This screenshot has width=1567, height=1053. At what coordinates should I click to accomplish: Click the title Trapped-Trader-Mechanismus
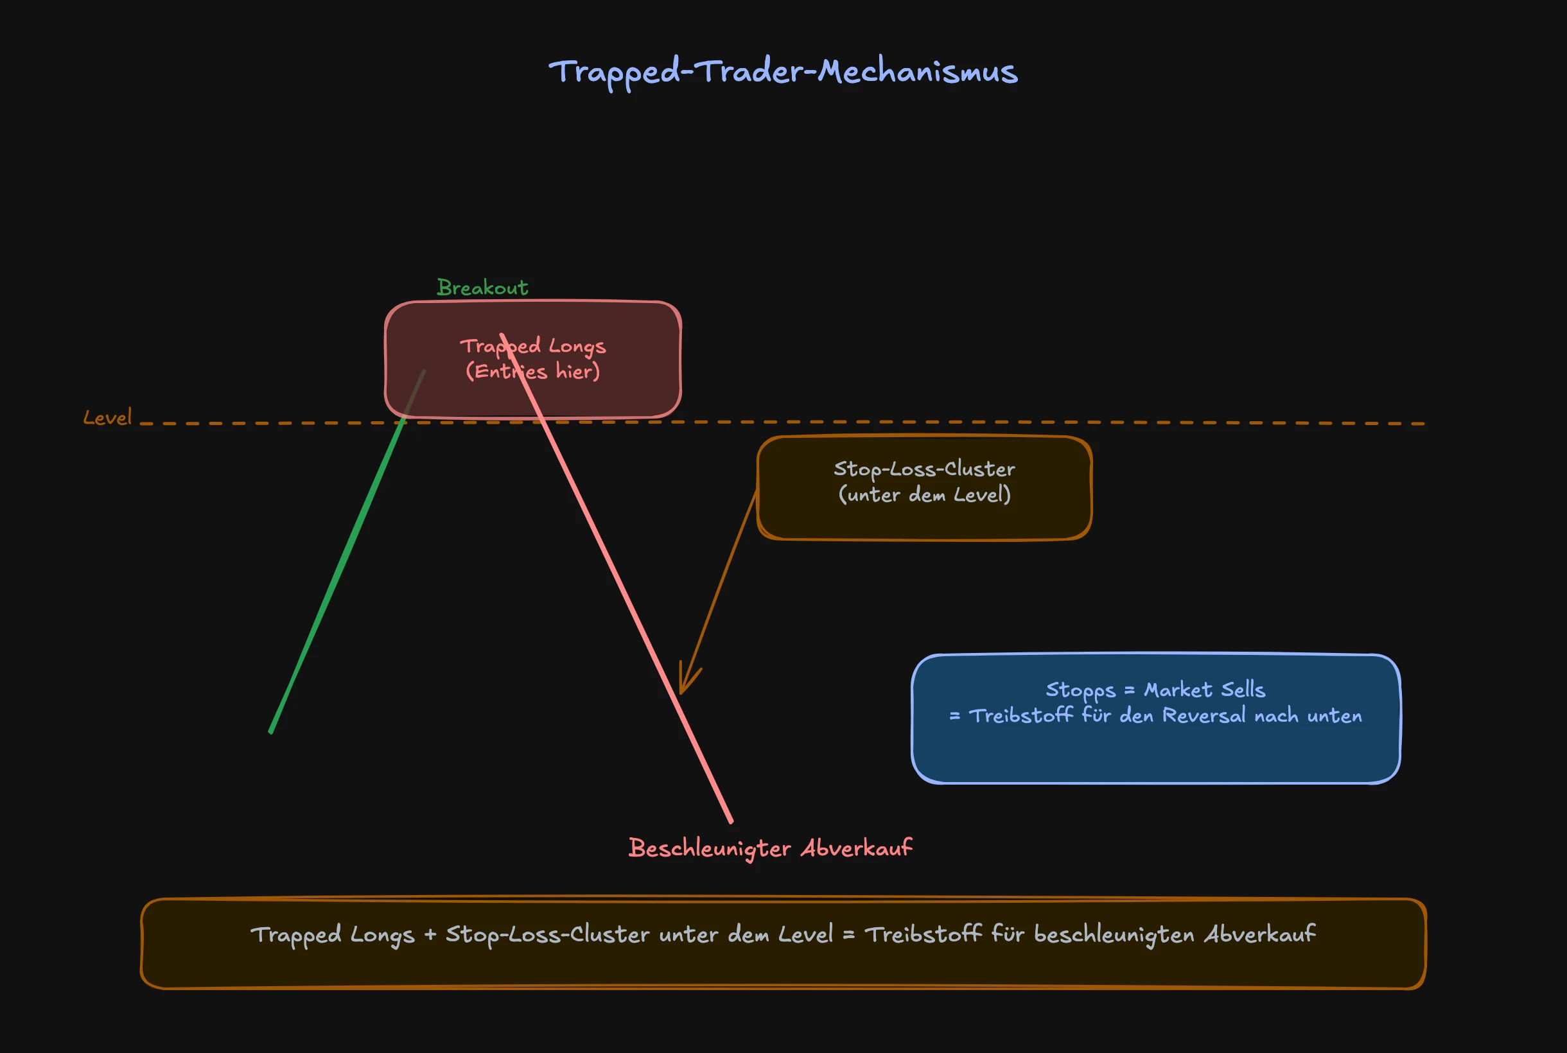pos(783,72)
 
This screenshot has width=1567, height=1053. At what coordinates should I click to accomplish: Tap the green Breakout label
pos(482,288)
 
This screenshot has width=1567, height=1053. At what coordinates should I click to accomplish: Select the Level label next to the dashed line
pos(107,418)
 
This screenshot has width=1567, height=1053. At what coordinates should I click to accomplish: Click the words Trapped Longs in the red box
pos(532,347)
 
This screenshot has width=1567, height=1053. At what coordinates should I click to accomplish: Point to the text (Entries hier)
pos(532,371)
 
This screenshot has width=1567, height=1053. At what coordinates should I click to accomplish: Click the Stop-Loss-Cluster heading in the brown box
pos(924,469)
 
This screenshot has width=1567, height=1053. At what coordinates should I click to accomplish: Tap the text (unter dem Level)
pos(924,495)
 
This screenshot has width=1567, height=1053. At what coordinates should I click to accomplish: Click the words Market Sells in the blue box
pos(1204,690)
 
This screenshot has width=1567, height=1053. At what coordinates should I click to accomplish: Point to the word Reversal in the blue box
pos(1204,716)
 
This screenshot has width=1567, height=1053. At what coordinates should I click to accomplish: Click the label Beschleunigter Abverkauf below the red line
pos(771,848)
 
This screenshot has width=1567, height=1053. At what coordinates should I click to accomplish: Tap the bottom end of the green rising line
pos(270,731)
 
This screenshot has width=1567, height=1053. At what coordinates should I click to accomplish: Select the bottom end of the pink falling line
pos(731,821)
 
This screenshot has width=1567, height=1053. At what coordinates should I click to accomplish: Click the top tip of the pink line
pos(501,335)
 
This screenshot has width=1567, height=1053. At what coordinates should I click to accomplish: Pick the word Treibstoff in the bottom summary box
pos(923,934)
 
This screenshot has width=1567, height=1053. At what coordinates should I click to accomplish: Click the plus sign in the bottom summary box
pos(430,935)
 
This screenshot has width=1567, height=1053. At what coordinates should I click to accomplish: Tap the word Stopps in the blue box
pos(1080,690)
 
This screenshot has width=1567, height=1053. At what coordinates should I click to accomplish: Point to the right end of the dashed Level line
pos(1423,424)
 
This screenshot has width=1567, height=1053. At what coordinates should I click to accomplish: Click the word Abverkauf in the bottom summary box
pos(1259,934)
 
